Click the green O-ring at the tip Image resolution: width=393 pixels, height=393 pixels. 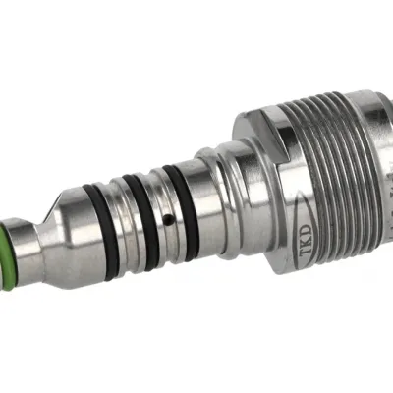[x=7, y=254]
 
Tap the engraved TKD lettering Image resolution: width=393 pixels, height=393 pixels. [x=307, y=240]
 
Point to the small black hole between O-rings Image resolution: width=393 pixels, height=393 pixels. [x=168, y=217]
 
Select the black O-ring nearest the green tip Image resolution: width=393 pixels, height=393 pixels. [x=101, y=231]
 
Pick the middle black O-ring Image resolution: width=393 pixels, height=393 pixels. [x=141, y=222]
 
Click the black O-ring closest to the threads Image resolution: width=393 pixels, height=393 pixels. [x=181, y=213]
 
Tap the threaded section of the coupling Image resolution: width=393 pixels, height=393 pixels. [x=331, y=177]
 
